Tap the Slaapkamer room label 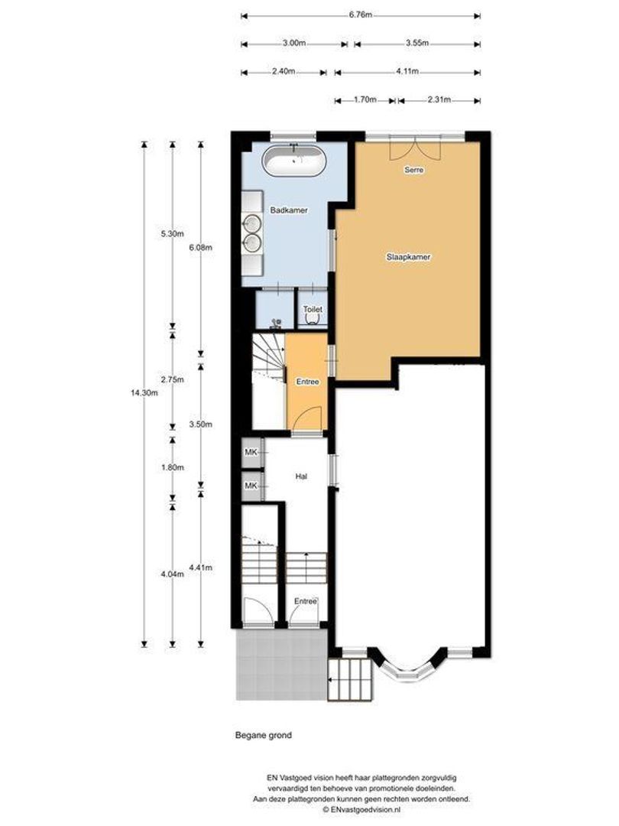click(x=408, y=258)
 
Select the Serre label click(x=413, y=170)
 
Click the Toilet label click(x=312, y=309)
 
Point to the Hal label click(x=302, y=476)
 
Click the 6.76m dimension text click(x=361, y=15)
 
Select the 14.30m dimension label click(x=144, y=392)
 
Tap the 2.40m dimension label click(x=284, y=72)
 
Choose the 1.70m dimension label click(x=365, y=99)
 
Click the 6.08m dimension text click(x=200, y=248)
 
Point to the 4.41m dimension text click(x=200, y=567)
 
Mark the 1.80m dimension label click(x=173, y=467)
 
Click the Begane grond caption click(x=263, y=736)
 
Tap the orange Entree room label click(x=307, y=382)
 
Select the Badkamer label click(x=289, y=210)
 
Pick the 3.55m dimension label click(x=417, y=43)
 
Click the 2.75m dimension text click(x=173, y=379)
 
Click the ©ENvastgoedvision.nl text click(x=362, y=808)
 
